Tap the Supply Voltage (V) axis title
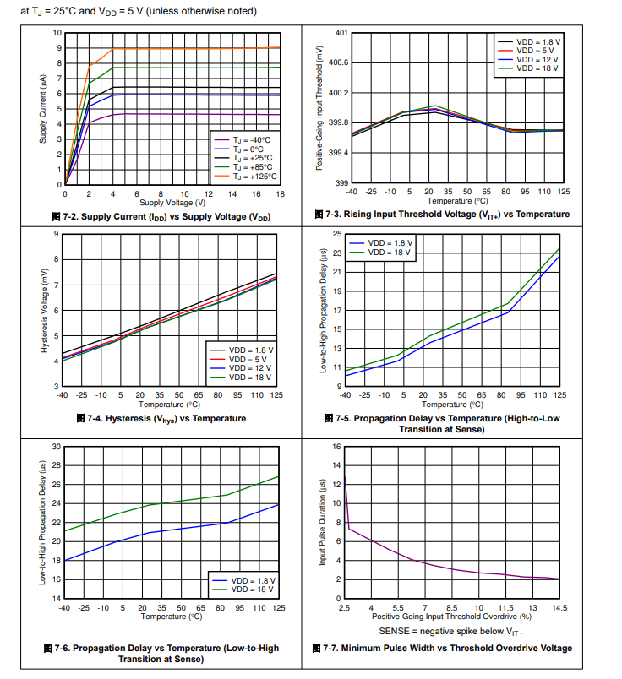point(172,203)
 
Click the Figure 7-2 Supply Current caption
point(161,217)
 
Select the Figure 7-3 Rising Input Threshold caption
point(441,215)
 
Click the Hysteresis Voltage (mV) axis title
point(45,310)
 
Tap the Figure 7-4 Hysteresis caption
point(161,418)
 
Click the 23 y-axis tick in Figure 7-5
point(336,253)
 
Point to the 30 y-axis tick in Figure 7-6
point(56,446)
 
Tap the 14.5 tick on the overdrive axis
point(559,607)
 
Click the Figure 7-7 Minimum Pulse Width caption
point(447,649)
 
